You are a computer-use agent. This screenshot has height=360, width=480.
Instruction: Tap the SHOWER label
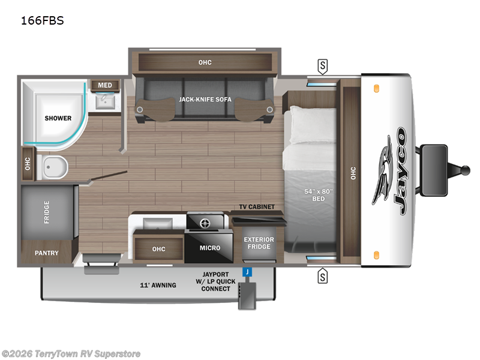click(58, 118)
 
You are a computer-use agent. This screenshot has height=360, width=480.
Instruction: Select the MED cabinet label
click(105, 85)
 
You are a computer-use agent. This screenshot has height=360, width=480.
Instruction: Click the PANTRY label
click(46, 253)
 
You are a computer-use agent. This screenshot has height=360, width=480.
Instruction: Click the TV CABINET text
click(257, 207)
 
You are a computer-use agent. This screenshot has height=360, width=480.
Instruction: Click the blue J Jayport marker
click(246, 272)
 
